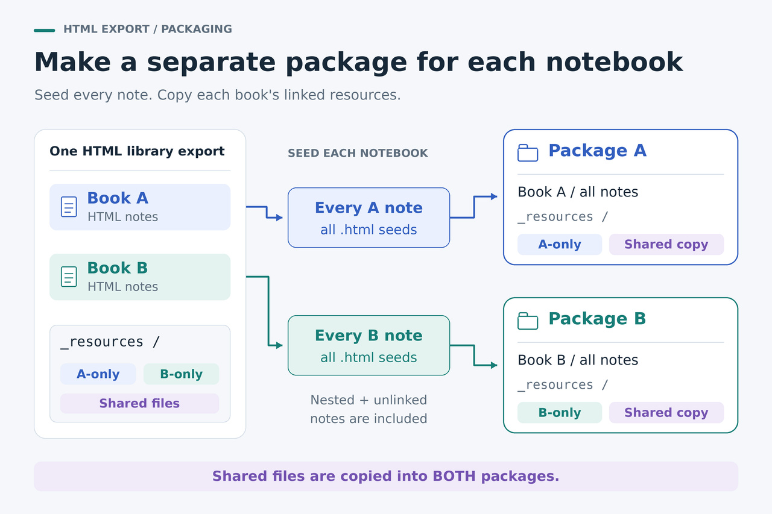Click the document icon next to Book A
tap(69, 207)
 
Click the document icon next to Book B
tap(69, 277)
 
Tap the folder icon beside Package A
tap(528, 153)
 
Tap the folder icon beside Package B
tap(528, 321)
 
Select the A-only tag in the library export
tap(98, 374)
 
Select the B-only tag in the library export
tap(182, 374)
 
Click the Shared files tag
tap(139, 403)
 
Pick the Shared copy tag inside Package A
tap(666, 245)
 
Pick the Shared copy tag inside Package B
tap(666, 412)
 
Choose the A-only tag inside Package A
tap(560, 245)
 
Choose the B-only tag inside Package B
tap(560, 412)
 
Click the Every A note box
tap(369, 218)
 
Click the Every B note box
tap(369, 345)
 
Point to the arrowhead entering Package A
tap(494, 196)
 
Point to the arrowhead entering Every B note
tap(279, 345)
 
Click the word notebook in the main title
tap(614, 62)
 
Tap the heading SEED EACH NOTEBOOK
tap(358, 153)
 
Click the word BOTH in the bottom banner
tap(454, 476)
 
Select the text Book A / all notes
tap(578, 192)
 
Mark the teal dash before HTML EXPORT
tap(45, 30)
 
